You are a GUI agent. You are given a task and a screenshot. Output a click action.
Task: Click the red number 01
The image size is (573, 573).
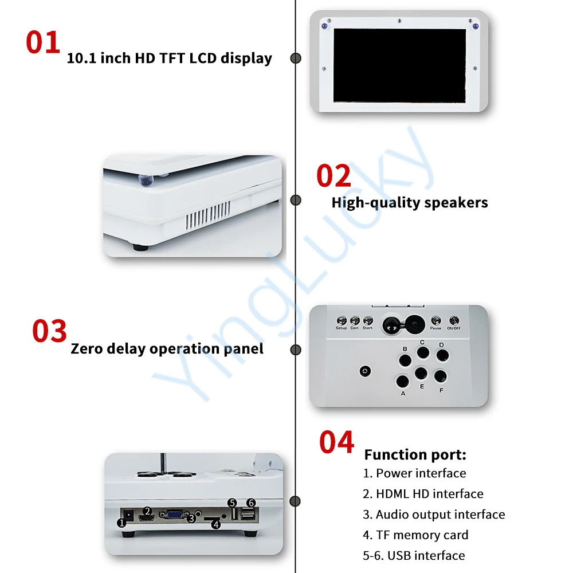coord(43,42)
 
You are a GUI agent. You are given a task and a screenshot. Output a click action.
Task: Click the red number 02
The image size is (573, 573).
coord(333,176)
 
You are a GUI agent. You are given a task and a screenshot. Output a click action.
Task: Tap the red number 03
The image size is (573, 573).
coord(49,331)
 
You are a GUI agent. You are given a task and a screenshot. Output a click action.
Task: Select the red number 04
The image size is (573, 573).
coord(336,442)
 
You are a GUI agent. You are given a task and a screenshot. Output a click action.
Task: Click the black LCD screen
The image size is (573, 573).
coord(400,65)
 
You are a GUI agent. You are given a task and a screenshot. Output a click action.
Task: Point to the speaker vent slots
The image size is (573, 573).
coord(208,216)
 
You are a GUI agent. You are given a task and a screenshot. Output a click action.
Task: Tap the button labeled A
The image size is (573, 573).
coord(402,382)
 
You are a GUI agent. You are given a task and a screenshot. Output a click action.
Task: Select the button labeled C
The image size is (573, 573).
coord(423,352)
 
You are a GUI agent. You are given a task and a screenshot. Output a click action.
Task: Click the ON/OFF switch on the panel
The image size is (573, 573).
coord(454,320)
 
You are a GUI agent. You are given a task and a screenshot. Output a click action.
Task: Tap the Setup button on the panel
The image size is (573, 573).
coord(342,320)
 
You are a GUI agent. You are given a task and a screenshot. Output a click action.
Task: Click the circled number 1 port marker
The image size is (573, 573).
coord(121,523)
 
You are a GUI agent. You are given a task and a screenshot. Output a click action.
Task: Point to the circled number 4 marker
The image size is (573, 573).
coord(216,524)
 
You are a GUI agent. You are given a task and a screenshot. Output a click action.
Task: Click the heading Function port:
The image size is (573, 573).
coord(415,454)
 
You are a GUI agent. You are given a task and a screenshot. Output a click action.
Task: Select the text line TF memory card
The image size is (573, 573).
coord(415,535)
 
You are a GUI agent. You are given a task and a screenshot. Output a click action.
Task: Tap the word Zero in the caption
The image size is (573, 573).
coord(87,348)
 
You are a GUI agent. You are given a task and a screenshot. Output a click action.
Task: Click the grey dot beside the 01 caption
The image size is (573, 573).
coord(296,58)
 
